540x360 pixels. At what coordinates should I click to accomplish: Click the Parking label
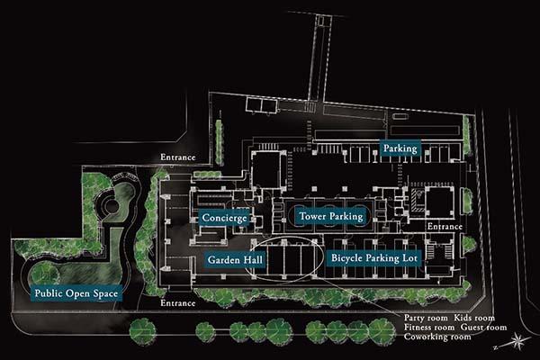(399, 148)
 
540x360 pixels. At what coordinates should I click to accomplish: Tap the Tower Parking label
(329, 216)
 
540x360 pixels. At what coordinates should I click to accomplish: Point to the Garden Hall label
(236, 259)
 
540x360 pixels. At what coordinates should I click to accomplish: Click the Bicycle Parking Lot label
(374, 258)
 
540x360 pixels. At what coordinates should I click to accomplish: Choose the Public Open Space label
(75, 293)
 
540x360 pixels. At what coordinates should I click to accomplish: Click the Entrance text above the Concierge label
(178, 157)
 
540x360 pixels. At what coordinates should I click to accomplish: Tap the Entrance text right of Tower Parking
(445, 226)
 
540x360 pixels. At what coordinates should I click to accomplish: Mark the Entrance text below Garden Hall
(178, 303)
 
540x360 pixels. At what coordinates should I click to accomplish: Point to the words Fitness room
(430, 328)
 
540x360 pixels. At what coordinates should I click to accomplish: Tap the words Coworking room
(437, 337)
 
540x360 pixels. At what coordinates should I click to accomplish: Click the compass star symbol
(518, 340)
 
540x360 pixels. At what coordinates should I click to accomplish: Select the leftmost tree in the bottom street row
(141, 330)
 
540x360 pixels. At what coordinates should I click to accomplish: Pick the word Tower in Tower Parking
(311, 216)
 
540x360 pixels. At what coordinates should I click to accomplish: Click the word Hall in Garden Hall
(254, 259)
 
